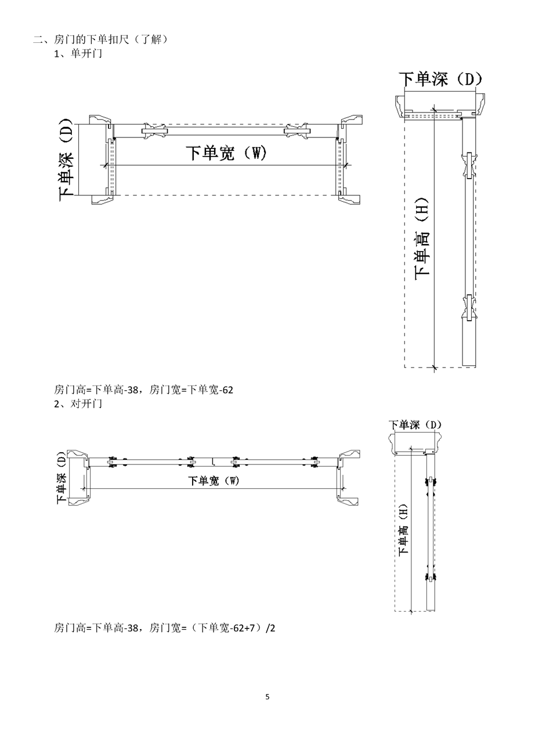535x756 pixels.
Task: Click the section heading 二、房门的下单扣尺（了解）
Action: coord(100,40)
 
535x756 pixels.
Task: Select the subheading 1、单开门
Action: coord(78,54)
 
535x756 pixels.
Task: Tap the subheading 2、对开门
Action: coord(78,404)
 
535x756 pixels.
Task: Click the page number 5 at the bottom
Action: coord(267,697)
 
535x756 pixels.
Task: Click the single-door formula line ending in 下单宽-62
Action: coord(143,390)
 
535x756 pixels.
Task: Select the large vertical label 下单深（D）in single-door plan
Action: coord(66,159)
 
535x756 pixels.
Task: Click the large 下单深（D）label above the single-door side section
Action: coord(440,79)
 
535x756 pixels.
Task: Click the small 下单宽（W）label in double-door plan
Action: coord(214,481)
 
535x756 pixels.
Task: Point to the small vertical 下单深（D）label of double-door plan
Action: coord(62,478)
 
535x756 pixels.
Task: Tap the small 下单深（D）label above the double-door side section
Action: coord(415,424)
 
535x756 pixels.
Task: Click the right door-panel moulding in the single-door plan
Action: coord(297,130)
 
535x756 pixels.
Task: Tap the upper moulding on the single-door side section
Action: coord(469,166)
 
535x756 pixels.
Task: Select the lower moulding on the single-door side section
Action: coord(469,307)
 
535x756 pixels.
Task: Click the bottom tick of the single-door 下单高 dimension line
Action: coord(434,367)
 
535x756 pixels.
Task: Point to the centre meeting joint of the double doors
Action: coord(213,461)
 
